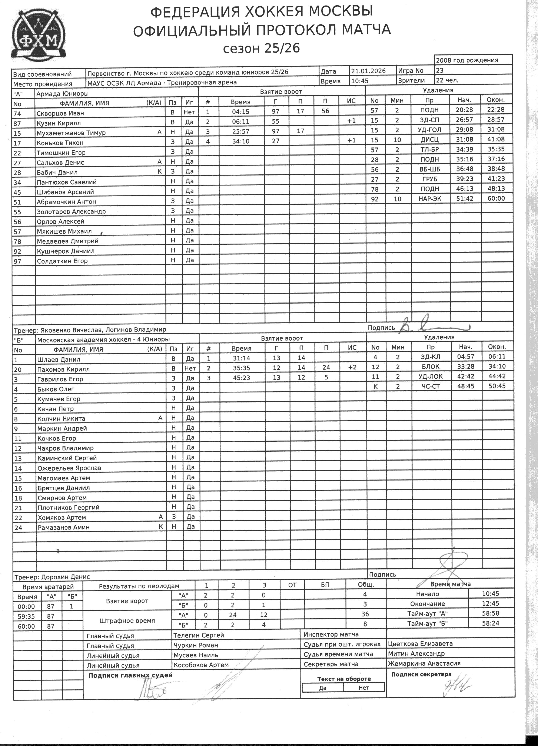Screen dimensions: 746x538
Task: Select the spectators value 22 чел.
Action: point(447,80)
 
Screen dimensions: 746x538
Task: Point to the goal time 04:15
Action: point(240,111)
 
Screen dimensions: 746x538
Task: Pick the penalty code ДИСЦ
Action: point(430,140)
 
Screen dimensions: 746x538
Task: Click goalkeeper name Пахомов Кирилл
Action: point(63,369)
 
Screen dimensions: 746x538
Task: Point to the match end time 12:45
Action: point(490,603)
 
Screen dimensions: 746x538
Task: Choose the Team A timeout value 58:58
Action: point(490,613)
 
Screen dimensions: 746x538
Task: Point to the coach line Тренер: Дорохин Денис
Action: point(52,577)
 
